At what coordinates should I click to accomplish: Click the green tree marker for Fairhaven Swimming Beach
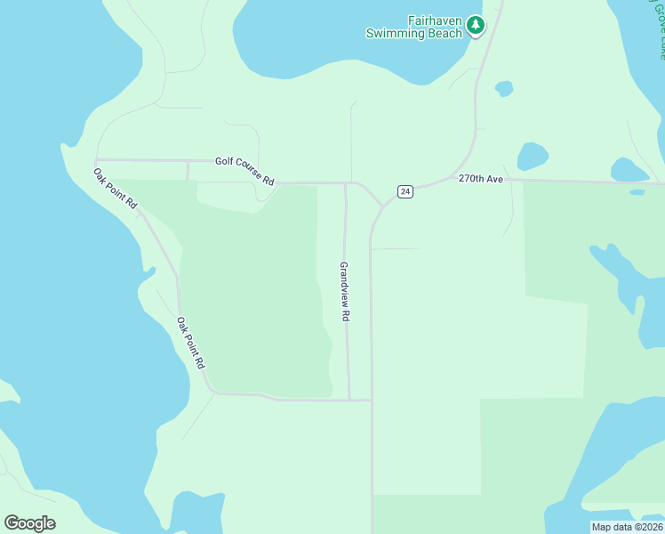coord(477,26)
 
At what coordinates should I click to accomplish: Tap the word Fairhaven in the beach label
coord(436,20)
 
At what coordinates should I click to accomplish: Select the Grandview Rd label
coord(345,291)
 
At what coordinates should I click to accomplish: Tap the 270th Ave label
coord(481,179)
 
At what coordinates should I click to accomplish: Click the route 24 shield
coord(405,191)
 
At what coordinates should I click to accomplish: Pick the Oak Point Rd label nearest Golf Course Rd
coord(116,188)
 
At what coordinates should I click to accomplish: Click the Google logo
coord(30,522)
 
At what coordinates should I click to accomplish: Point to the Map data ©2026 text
coord(627,527)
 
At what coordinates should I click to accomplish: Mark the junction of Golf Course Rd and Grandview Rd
coord(345,183)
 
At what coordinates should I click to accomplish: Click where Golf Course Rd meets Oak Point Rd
coord(95,161)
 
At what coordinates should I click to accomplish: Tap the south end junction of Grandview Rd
coord(349,400)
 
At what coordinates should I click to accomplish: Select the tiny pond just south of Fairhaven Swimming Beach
coord(504,88)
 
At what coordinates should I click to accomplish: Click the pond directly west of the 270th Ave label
coord(532,156)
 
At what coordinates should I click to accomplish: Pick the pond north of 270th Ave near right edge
coord(629,169)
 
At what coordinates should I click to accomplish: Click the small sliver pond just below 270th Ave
coord(637,191)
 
